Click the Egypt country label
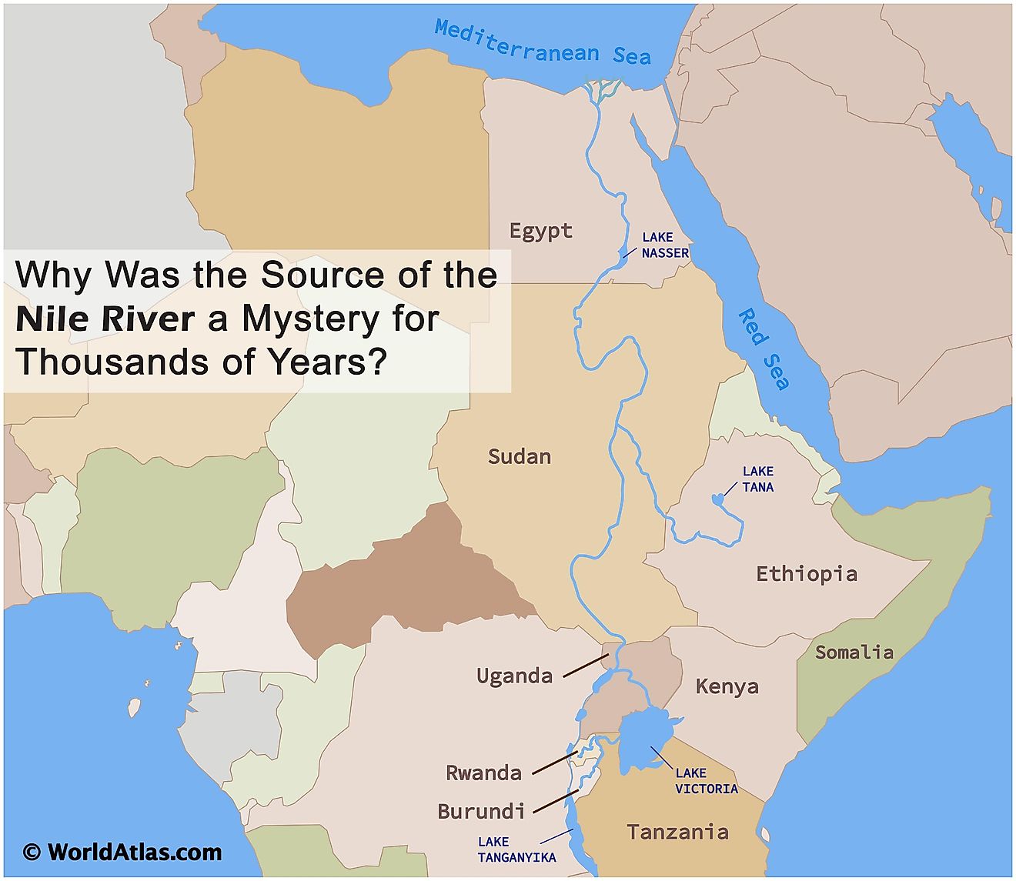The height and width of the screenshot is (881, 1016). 541,231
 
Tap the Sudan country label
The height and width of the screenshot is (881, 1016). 520,456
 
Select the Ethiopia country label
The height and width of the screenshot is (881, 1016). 806,574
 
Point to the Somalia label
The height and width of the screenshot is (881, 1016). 854,652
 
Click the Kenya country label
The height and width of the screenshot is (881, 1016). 727,686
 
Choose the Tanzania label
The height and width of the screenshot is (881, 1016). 677,832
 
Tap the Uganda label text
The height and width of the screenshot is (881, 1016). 514,676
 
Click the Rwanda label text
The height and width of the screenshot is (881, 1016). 483,773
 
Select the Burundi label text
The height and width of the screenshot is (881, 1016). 481,811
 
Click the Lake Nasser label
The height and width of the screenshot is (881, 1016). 664,245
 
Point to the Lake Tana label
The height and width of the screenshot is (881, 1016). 757,479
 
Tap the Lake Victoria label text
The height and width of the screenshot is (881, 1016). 706,780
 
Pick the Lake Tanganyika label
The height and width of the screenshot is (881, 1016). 516,849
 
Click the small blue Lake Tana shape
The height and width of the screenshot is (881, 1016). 718,499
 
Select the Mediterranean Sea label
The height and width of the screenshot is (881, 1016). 543,42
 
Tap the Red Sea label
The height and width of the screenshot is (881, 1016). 764,349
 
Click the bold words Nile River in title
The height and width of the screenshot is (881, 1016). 105,319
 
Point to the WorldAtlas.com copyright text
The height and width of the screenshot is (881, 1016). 122,852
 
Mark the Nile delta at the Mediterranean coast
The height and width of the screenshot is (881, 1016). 600,88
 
